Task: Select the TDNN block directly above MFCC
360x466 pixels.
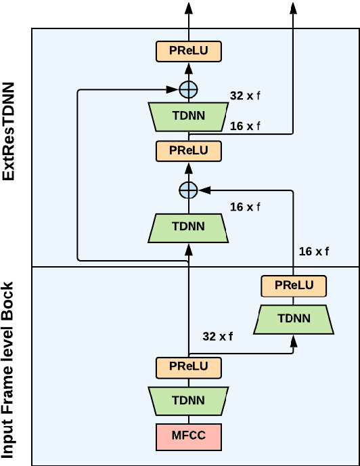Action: [188, 401]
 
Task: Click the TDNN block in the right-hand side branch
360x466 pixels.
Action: [293, 318]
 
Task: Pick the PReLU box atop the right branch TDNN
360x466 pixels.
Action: [293, 285]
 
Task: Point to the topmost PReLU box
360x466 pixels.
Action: [188, 50]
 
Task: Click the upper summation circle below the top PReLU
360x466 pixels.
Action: [188, 89]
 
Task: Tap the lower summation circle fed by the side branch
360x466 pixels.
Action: [188, 190]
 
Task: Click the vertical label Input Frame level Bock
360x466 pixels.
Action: [9, 366]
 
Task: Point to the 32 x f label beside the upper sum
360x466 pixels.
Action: [245, 96]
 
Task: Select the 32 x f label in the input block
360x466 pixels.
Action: [218, 336]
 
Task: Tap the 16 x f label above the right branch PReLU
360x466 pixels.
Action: [314, 251]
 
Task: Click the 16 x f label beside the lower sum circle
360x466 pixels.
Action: [245, 207]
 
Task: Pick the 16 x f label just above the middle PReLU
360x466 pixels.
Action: [245, 127]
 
